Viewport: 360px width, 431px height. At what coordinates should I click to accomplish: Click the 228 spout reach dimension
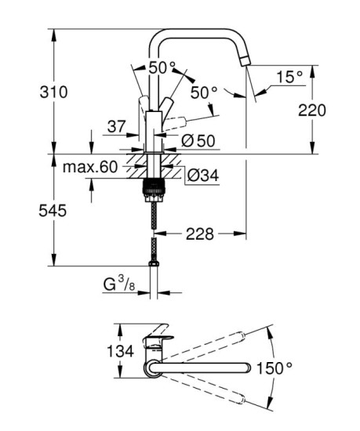(199, 234)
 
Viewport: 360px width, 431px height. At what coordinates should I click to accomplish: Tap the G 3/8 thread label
(119, 285)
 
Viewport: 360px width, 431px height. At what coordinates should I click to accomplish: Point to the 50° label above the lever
(162, 67)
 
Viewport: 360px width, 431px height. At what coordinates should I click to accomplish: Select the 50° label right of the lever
(203, 92)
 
